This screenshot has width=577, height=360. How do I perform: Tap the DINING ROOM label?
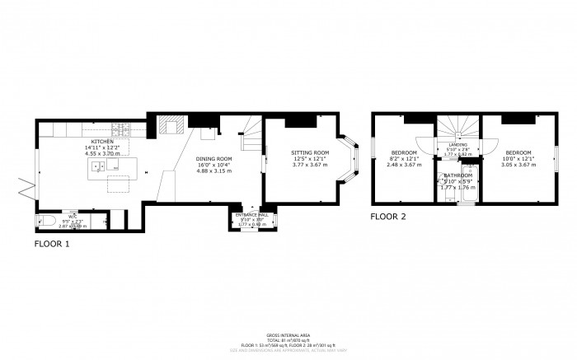(213, 158)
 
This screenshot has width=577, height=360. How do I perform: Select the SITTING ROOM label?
(310, 153)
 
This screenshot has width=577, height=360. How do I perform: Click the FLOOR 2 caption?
(389, 217)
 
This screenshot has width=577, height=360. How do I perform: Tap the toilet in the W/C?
(45, 220)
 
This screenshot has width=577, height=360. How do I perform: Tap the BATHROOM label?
(457, 175)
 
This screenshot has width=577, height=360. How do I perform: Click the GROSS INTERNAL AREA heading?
(288, 334)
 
